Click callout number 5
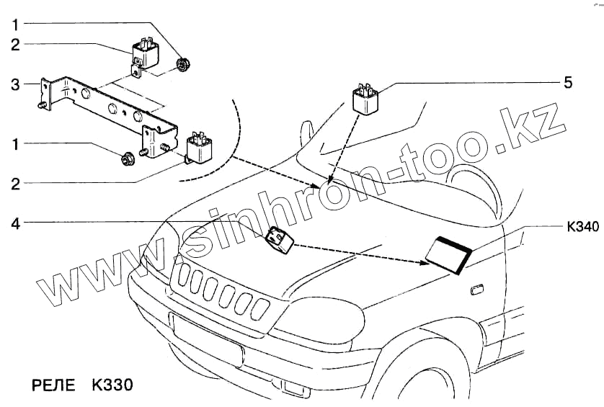click(567, 83)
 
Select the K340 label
click(581, 227)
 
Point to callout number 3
click(14, 85)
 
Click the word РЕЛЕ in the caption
click(53, 385)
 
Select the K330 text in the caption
click(112, 385)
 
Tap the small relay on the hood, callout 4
click(279, 239)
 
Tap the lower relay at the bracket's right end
click(200, 148)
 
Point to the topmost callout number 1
click(14, 24)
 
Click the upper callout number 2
click(14, 45)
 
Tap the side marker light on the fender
click(476, 290)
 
